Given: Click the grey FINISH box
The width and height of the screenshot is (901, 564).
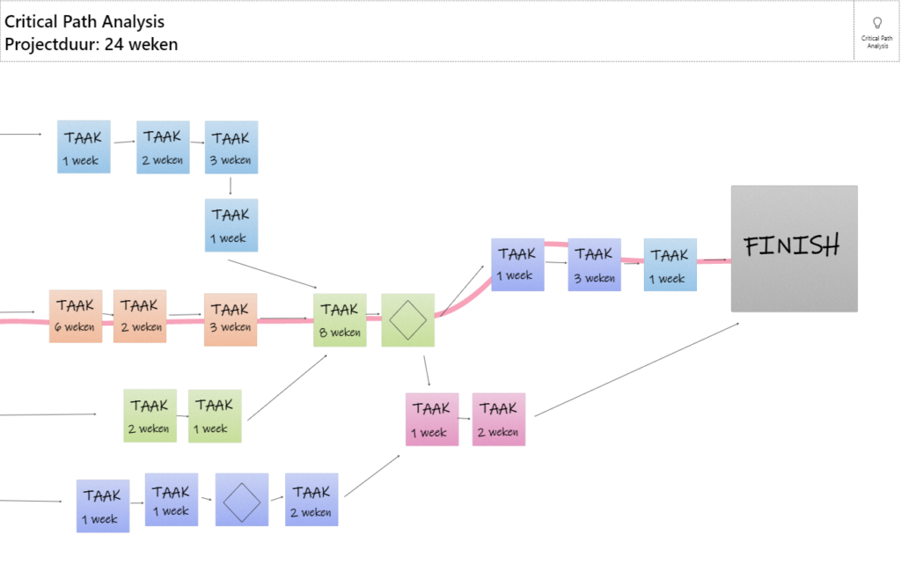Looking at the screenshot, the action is (795, 249).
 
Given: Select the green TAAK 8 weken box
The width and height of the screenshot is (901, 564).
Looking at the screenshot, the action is (340, 320).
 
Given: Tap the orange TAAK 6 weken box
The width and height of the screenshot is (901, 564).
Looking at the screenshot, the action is (76, 317).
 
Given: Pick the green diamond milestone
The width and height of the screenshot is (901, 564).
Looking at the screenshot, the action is (408, 320).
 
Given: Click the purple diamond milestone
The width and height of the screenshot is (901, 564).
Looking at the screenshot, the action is (242, 500).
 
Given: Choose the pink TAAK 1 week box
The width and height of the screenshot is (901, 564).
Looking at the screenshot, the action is (432, 420).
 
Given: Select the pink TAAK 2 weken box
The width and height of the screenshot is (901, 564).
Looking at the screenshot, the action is (499, 420).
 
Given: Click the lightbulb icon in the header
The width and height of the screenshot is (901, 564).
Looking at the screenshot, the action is (877, 23).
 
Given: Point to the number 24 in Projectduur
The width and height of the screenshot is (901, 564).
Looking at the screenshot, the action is (114, 44).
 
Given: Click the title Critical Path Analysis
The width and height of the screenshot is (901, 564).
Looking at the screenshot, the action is (84, 22).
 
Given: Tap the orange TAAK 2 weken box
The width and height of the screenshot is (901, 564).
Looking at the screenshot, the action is (140, 317).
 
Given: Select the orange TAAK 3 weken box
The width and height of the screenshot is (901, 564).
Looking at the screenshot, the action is (231, 320).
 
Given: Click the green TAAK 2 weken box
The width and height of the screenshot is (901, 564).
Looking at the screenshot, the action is (150, 416).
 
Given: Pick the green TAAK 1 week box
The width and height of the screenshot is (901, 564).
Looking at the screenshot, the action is (215, 416).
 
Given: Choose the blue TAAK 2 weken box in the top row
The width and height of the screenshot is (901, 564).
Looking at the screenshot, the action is (163, 147).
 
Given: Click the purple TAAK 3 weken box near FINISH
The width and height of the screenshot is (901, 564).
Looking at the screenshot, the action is (594, 265).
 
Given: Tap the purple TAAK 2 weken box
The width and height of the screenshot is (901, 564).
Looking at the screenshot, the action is (311, 500).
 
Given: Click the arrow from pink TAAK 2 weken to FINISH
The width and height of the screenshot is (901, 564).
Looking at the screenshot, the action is (637, 370).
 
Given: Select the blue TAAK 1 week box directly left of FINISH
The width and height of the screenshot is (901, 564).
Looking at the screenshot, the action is (670, 265).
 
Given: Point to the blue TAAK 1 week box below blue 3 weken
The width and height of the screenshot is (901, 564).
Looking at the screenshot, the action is (231, 225).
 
